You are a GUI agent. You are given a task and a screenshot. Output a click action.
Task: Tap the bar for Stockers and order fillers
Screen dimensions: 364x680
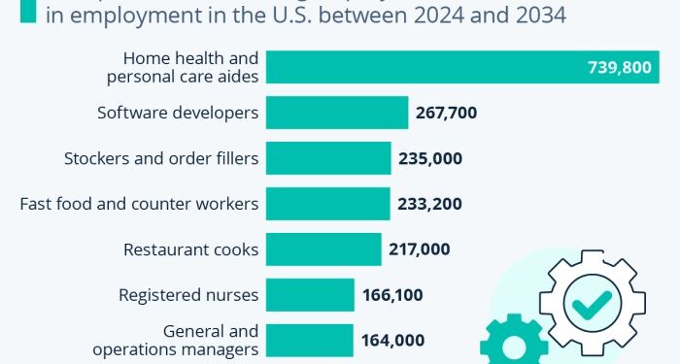(328, 158)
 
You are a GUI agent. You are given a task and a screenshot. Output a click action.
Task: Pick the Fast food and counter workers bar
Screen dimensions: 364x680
(327, 204)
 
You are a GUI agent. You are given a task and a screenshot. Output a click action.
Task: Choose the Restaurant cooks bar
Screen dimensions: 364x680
(323, 249)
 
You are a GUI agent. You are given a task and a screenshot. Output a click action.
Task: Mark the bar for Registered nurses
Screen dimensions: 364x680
(310, 295)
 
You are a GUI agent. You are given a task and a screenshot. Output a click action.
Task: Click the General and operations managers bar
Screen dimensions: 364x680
(309, 341)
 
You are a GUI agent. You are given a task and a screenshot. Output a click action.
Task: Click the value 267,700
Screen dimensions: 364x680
(447, 113)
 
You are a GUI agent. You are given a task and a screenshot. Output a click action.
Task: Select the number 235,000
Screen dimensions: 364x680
(429, 158)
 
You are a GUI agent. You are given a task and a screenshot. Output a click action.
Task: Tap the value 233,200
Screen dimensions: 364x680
(428, 204)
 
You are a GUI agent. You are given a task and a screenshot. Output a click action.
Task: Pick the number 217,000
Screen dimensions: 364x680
(419, 249)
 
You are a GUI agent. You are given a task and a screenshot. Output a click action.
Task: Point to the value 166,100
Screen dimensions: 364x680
(393, 295)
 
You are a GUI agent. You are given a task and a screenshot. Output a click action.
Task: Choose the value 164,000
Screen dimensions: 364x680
(391, 341)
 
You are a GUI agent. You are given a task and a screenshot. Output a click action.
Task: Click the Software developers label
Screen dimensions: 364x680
(178, 113)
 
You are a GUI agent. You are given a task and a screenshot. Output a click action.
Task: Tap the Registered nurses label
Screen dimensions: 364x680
(188, 295)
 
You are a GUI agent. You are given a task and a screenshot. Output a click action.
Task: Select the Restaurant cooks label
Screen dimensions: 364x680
(190, 249)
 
